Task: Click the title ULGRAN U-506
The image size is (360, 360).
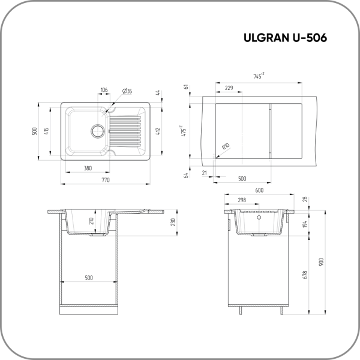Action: pos(285,38)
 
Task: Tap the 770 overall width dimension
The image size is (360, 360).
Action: pos(106,180)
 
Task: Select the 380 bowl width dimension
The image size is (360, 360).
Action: pos(88,168)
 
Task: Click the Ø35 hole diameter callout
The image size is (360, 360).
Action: pos(127,91)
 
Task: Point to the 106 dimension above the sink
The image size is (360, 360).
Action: pos(104,90)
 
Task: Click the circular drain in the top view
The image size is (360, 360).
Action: pos(98,131)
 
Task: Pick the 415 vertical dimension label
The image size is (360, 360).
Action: pos(46,131)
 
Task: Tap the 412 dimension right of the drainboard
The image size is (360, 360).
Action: pos(158,131)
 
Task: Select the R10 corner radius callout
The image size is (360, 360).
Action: pos(226,146)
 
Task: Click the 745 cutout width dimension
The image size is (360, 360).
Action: pos(259,76)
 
